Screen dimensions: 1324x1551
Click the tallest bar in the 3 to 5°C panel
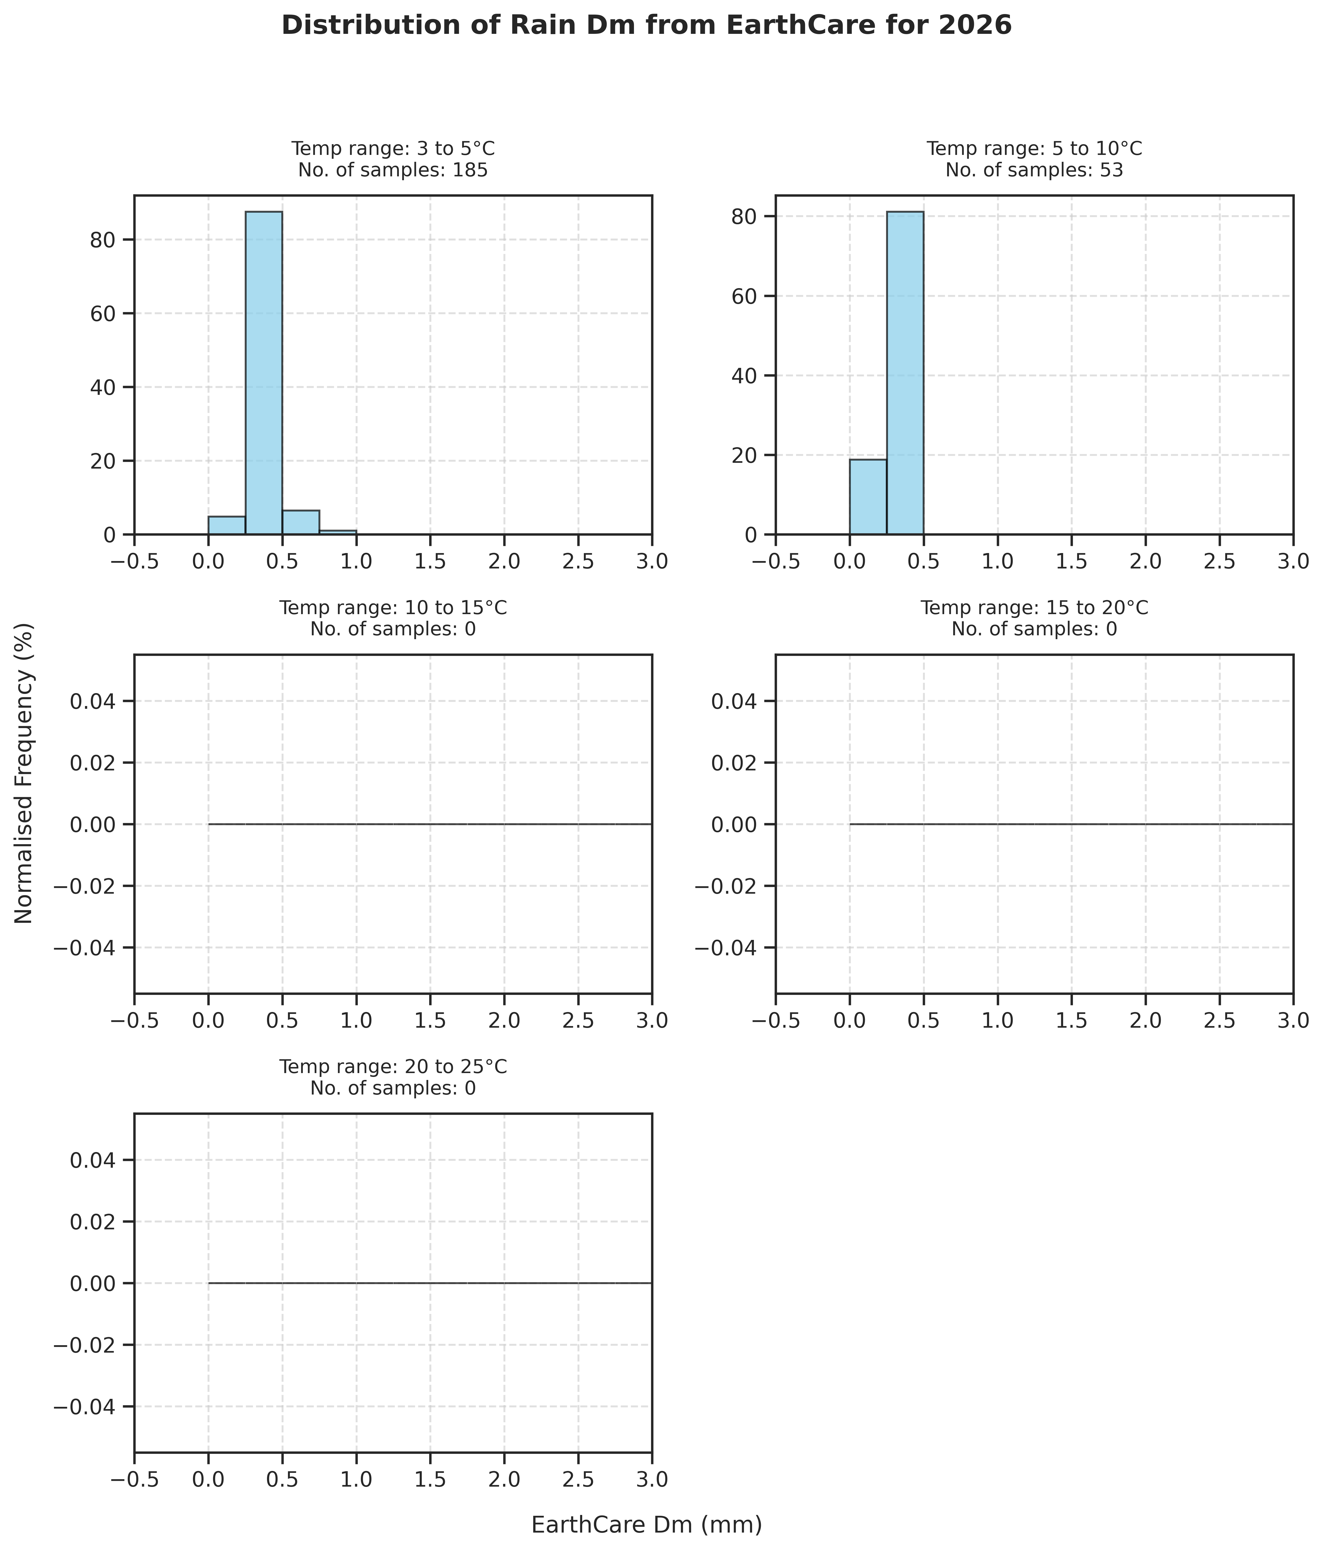(264, 373)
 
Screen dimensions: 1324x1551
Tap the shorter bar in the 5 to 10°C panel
(868, 497)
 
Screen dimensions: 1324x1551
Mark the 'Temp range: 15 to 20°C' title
(1034, 608)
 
